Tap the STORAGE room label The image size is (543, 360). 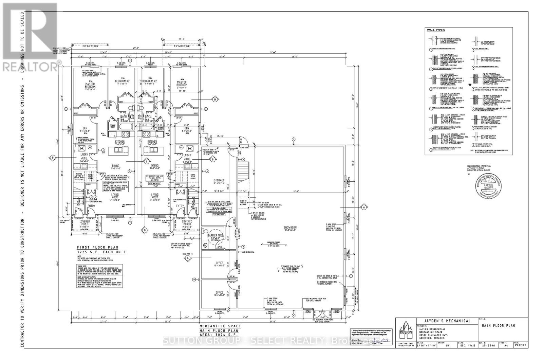[219, 180]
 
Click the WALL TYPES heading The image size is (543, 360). [435, 30]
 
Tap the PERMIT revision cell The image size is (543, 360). [520, 345]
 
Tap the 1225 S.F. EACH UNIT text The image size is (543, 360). [101, 252]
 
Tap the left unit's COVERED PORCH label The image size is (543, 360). [85, 223]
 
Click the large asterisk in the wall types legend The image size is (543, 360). [470, 85]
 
